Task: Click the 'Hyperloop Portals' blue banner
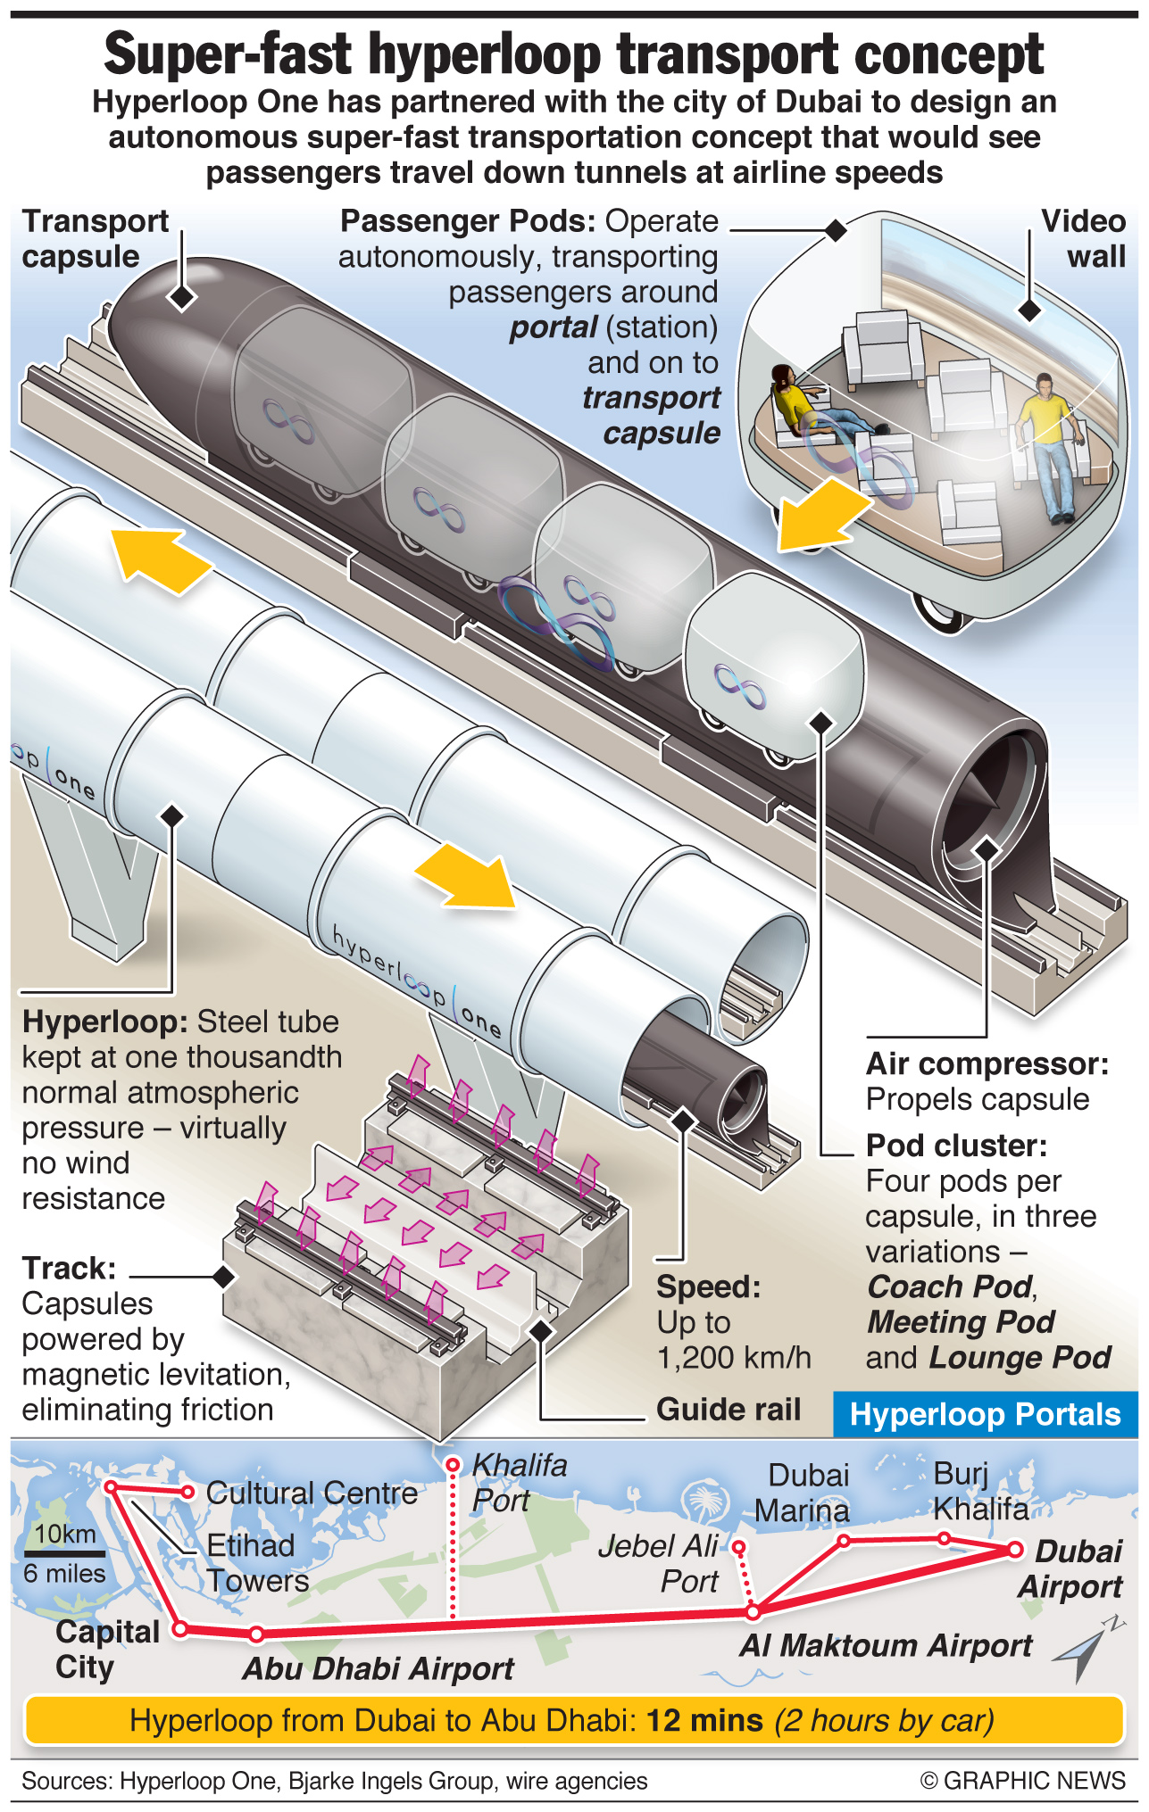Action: pos(985,1414)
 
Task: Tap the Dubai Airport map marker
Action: pos(1015,1550)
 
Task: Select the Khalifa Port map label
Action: pos(519,1482)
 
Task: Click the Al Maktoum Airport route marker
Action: pos(754,1611)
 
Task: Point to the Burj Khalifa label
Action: pos(980,1491)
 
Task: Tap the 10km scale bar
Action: pos(65,1554)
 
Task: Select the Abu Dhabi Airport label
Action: pos(378,1668)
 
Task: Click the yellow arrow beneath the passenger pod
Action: pos(821,514)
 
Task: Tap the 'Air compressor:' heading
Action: pos(987,1063)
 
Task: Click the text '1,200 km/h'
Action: pos(734,1357)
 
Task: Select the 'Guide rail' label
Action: pos(729,1409)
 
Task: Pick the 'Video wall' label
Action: pos(1084,238)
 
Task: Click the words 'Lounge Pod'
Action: pos(1020,1357)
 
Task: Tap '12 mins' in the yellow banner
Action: pos(704,1719)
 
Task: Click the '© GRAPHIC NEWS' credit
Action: pos(1023,1781)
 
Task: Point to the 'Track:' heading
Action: pos(69,1268)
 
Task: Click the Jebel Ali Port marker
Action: pos(738,1547)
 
